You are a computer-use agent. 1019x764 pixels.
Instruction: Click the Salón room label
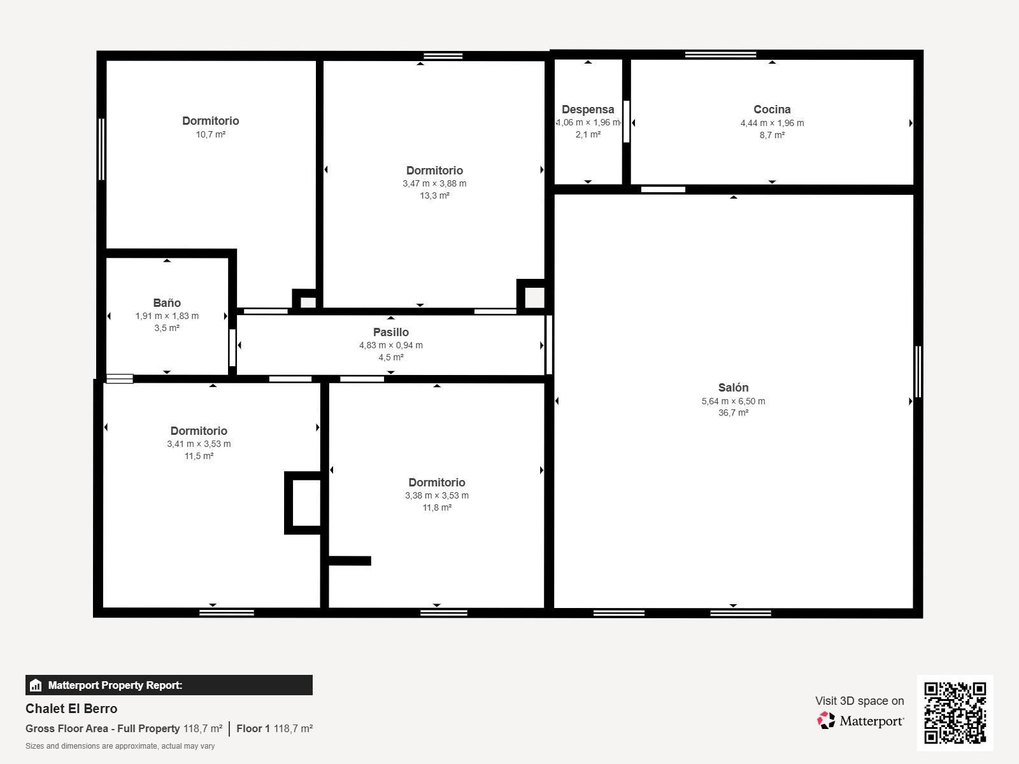coord(733,387)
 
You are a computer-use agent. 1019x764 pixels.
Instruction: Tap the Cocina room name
coord(772,110)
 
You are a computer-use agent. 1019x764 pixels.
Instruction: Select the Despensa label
coord(588,110)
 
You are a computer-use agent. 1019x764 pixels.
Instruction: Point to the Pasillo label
coord(391,332)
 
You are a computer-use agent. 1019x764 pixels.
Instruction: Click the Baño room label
coord(167,302)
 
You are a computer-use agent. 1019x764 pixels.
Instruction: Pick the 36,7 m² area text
coord(733,413)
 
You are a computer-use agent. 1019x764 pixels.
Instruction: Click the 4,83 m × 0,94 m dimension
coord(391,345)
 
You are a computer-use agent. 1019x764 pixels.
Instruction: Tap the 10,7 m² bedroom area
coord(210,134)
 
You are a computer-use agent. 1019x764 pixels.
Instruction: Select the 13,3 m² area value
coord(434,195)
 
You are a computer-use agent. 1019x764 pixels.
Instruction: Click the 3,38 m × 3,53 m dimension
coord(437,495)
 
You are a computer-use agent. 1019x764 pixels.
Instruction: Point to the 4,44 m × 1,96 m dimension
coord(772,123)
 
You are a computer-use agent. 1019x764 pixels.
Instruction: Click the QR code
coord(955,712)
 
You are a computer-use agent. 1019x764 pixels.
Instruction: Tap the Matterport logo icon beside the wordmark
coord(826,721)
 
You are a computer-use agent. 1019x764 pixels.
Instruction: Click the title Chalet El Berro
coord(71,709)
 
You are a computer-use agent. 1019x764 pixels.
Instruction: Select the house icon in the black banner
coord(36,685)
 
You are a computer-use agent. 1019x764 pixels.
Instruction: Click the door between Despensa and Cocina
coord(626,122)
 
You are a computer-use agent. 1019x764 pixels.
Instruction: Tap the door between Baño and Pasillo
coord(232,348)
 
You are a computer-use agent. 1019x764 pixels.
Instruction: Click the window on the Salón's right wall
coord(918,372)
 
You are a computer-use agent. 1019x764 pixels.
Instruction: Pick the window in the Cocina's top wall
coord(720,55)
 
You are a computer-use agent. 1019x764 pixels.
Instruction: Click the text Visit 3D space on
coord(860,701)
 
